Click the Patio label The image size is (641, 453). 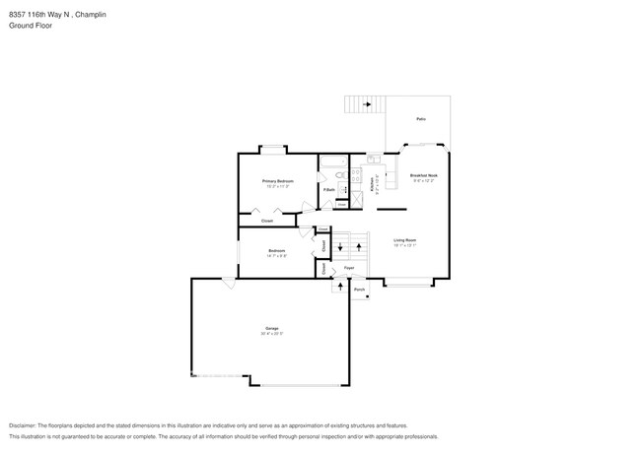tap(421, 119)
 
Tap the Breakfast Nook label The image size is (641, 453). tap(424, 175)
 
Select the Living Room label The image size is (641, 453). tap(405, 240)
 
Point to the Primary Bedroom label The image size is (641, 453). tap(277, 181)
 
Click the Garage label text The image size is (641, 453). tap(271, 328)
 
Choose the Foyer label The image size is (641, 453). tap(349, 268)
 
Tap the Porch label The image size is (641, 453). tap(360, 290)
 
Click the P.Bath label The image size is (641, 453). tap(328, 189)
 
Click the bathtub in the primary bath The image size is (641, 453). tap(330, 161)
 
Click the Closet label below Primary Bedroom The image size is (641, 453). tap(267, 222)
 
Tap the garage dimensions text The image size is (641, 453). tap(271, 334)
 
